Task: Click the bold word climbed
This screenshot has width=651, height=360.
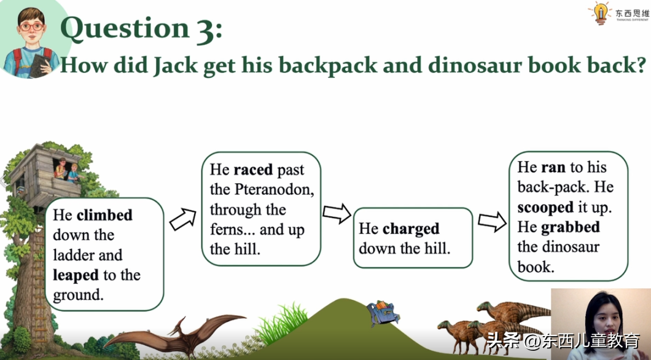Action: coord(104,215)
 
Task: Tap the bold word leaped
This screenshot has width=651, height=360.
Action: coord(76,275)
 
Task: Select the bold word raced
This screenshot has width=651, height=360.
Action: coord(253,170)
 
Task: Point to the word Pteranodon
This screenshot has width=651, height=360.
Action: coord(274,190)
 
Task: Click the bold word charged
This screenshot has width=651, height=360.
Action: coord(411,229)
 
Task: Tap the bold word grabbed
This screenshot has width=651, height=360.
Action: coord(571,227)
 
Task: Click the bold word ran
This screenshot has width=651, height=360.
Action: coord(553,168)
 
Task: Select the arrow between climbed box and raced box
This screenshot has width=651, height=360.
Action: coord(183,219)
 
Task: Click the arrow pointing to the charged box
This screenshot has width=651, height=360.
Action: coord(337,213)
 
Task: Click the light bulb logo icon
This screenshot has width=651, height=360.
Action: coord(601,13)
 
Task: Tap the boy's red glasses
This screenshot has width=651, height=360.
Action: coord(31,27)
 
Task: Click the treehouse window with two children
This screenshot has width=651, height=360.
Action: coord(66,170)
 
